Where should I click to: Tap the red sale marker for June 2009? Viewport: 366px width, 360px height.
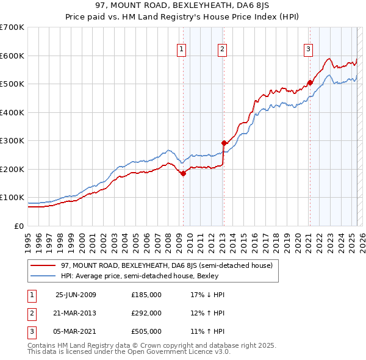coord(183,173)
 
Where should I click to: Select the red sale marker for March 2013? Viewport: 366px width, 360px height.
coord(224,143)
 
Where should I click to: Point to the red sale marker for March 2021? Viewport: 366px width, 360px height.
coord(310,82)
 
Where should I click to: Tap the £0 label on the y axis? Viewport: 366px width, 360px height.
coord(19,226)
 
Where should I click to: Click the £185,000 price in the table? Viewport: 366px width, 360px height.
coord(146,295)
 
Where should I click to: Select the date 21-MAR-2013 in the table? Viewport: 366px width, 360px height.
coord(76,313)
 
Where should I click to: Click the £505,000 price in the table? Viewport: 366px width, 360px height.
coord(146,331)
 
